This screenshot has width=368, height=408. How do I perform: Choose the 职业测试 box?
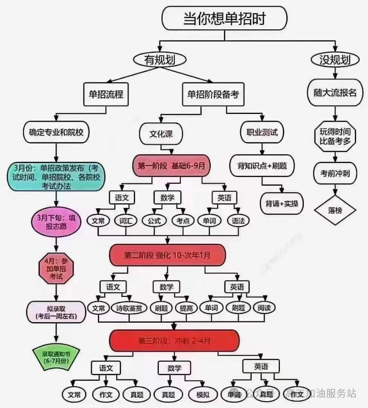coord(262,132)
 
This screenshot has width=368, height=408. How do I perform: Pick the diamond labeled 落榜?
coord(335,210)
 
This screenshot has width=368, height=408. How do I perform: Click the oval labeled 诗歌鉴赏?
coord(130,308)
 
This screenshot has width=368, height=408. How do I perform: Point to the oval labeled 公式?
coord(154,221)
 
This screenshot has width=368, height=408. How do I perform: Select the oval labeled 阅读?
coord(264,308)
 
